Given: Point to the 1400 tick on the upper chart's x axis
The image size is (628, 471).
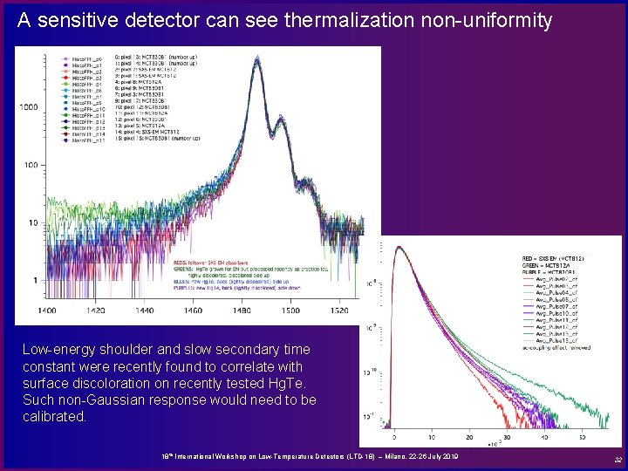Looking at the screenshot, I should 47,311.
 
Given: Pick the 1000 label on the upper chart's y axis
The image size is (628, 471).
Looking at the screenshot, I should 29,107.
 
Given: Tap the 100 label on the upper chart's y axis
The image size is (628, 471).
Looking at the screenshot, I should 32,165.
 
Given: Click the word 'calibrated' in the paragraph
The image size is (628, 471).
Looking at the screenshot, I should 55,417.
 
